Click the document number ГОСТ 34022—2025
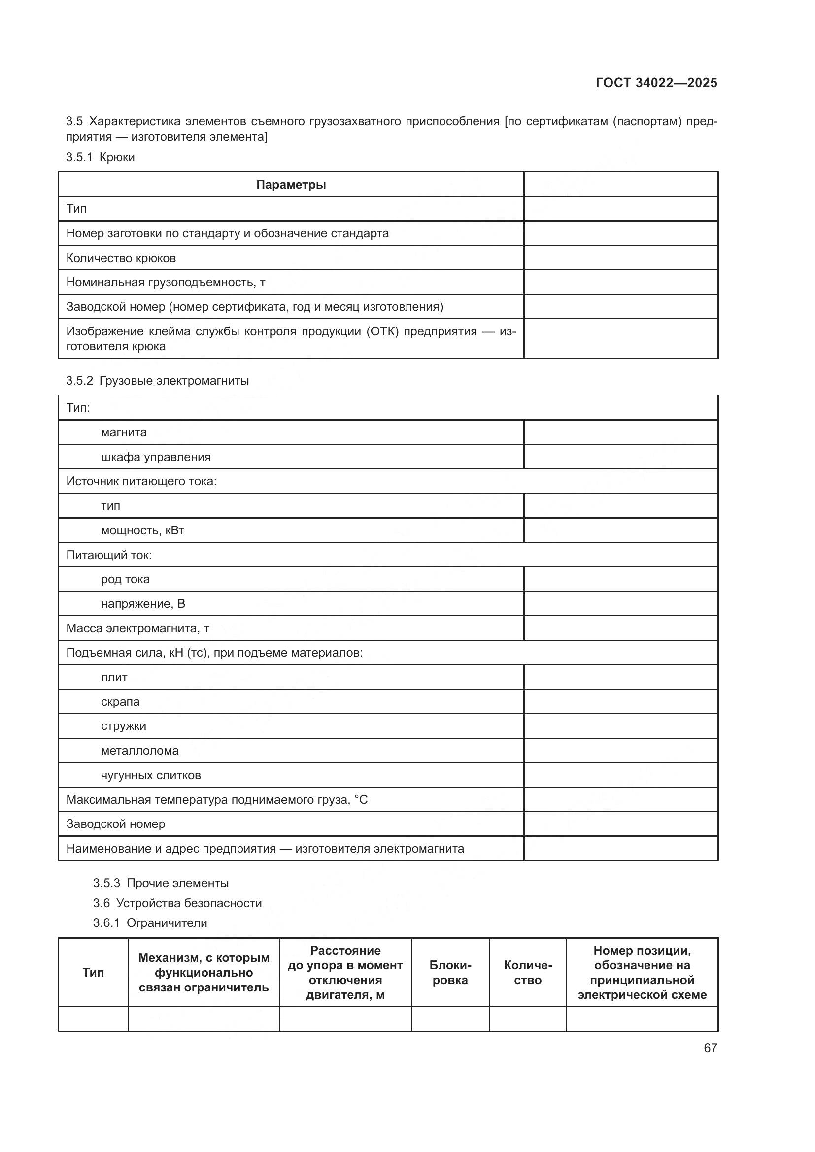656,83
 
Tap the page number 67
710,1048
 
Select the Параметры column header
291,185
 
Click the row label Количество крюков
121,258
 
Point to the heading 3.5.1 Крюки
101,157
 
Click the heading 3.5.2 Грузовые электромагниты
157,380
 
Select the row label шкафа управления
156,457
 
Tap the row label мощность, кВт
142,530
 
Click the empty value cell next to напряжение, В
620,604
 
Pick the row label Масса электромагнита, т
137,628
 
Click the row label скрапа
120,701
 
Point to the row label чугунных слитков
151,775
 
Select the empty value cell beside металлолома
620,751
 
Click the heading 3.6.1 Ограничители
150,922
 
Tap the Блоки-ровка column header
450,972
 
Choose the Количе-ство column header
527,972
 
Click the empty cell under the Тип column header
93,1019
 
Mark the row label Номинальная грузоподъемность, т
166,282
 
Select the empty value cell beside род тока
620,579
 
